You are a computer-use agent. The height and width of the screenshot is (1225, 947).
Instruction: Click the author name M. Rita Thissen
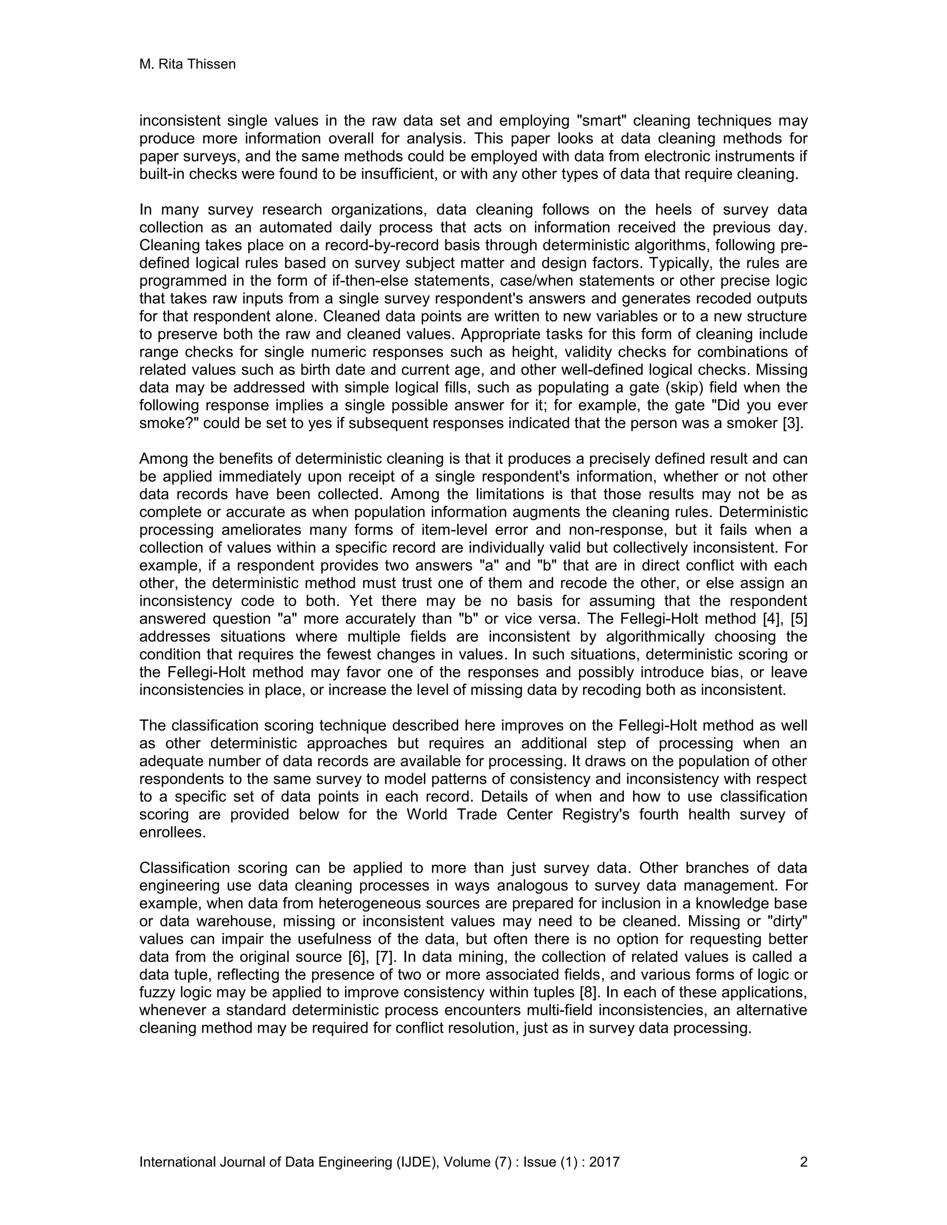pos(187,65)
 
